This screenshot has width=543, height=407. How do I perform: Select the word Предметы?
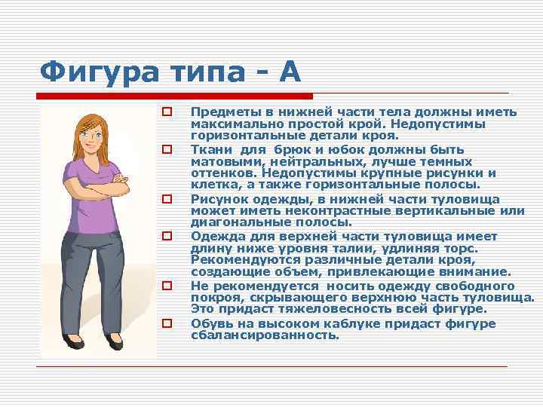(219, 112)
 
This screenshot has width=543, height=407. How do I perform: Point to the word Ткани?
(208, 149)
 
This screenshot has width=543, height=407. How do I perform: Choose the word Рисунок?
(218, 199)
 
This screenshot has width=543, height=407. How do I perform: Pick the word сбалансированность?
(265, 335)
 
